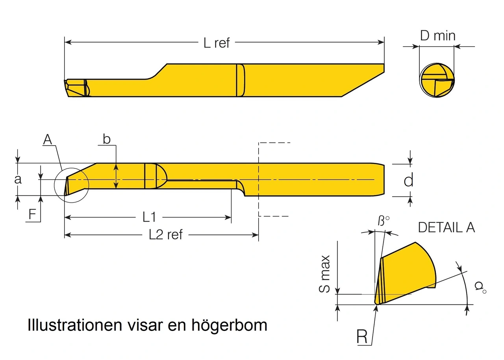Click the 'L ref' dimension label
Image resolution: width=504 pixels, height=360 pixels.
click(x=217, y=43)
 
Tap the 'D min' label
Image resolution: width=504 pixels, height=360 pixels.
click(x=437, y=36)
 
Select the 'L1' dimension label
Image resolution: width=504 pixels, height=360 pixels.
click(x=149, y=217)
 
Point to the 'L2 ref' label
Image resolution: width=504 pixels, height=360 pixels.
click(x=166, y=235)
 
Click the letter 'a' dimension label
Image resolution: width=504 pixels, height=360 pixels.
click(x=18, y=179)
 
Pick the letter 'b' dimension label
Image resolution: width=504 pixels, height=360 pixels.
click(x=106, y=139)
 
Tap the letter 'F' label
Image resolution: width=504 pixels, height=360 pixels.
click(x=33, y=214)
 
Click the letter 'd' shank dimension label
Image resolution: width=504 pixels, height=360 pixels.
click(x=409, y=181)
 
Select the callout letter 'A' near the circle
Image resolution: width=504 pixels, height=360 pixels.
click(x=48, y=140)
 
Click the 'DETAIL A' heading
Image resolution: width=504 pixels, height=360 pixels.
click(x=446, y=227)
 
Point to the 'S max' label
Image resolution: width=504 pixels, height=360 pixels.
click(x=324, y=274)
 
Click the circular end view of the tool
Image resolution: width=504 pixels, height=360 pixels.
click(x=437, y=80)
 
